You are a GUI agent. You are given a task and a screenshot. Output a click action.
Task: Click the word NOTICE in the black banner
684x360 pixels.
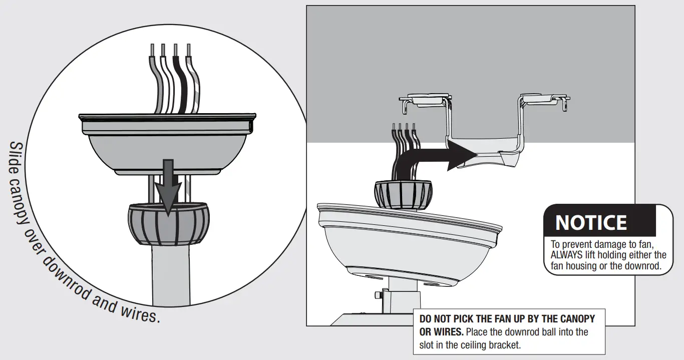pyautogui.click(x=591, y=223)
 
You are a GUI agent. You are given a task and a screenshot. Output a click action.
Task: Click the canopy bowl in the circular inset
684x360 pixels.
pyautogui.click(x=168, y=150)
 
